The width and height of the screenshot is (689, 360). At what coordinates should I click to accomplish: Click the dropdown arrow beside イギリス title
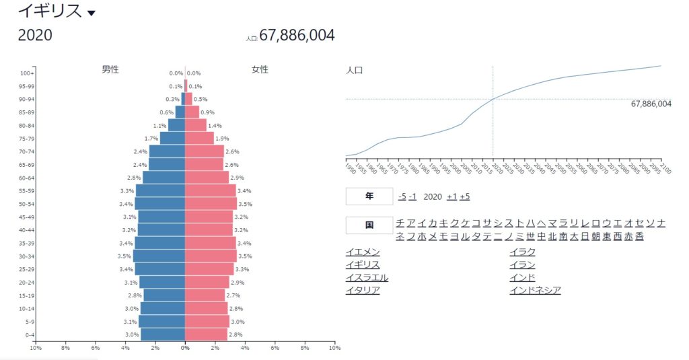click(x=92, y=13)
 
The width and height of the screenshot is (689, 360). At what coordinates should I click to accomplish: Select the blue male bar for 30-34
click(x=159, y=256)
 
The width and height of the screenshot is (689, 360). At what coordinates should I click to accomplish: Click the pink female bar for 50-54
click(x=211, y=203)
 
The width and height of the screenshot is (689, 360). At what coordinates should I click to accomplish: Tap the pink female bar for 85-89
click(x=192, y=112)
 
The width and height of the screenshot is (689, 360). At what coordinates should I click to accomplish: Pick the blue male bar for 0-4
click(x=163, y=334)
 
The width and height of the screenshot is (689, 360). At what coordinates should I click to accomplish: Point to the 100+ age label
click(x=27, y=73)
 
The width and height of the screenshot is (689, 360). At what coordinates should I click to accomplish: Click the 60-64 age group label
click(x=27, y=178)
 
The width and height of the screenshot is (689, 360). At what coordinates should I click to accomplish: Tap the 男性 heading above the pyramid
click(x=110, y=69)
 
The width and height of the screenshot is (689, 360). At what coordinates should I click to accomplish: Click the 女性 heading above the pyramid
click(x=260, y=69)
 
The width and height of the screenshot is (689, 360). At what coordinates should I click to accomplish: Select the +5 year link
click(x=465, y=196)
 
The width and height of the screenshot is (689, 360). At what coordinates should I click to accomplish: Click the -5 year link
click(x=402, y=196)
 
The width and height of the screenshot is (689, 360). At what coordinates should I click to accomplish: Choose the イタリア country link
click(x=363, y=290)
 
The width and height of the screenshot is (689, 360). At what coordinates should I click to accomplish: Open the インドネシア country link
click(x=536, y=290)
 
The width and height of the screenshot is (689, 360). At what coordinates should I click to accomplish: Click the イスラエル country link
click(x=367, y=277)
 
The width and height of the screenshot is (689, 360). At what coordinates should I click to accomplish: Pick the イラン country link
click(x=523, y=264)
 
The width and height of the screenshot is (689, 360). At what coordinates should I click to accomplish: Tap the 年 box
click(x=369, y=196)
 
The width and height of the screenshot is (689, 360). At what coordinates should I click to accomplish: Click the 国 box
click(x=369, y=225)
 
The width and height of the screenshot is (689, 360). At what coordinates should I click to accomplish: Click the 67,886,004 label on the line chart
click(x=651, y=104)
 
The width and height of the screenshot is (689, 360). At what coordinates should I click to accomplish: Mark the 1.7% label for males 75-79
click(x=151, y=139)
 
